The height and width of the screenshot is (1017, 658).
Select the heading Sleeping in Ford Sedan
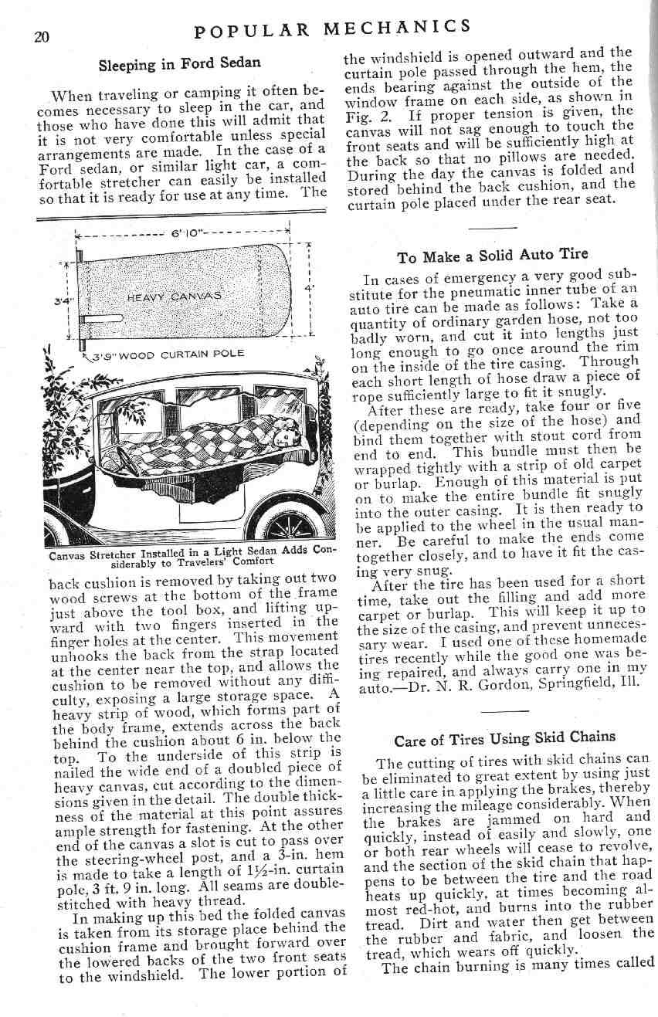pos(179,63)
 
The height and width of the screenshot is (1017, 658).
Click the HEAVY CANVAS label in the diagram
pos(175,295)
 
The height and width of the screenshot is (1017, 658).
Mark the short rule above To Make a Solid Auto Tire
pos(491,228)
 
